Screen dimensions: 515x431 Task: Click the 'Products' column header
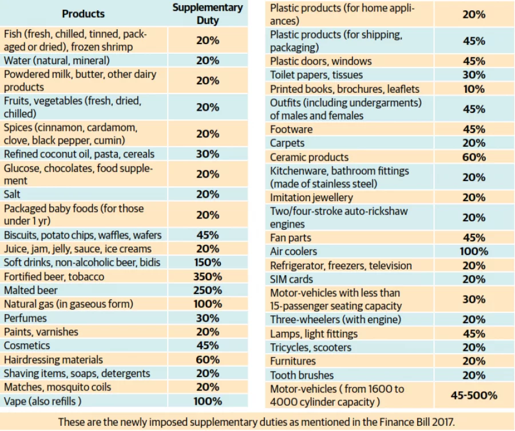tap(83, 14)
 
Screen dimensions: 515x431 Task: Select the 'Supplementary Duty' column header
tap(208, 14)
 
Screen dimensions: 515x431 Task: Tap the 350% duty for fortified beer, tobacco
tap(208, 276)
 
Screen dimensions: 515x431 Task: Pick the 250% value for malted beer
tap(208, 290)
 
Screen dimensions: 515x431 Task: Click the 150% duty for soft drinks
tap(208, 262)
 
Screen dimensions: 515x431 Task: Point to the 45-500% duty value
tap(474, 395)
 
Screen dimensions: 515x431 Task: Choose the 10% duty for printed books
tap(474, 89)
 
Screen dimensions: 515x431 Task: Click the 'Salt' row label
tap(12, 194)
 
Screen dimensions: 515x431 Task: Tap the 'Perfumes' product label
tap(25, 318)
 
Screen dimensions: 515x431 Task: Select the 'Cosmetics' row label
tap(27, 346)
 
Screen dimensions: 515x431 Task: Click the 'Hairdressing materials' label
tap(53, 359)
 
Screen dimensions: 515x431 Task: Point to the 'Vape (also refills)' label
tap(43, 401)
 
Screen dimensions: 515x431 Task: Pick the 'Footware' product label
tap(291, 130)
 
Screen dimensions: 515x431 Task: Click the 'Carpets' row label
tap(287, 143)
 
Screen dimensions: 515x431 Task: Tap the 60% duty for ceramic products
tap(474, 157)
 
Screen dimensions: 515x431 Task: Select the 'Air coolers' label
tap(294, 252)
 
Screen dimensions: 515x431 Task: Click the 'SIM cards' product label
tap(291, 279)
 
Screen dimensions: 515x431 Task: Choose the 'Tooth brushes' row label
tap(302, 375)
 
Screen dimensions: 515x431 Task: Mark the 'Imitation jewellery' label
tap(311, 197)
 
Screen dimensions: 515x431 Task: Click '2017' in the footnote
tap(443, 422)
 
